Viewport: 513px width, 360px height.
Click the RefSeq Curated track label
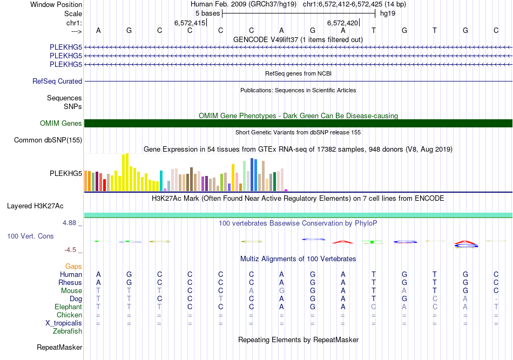click(x=57, y=81)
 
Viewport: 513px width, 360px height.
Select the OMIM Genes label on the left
click(x=60, y=124)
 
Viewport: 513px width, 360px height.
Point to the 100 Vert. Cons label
click(x=30, y=236)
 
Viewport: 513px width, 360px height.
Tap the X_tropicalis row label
click(x=64, y=323)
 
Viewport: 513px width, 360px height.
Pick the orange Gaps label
click(x=73, y=266)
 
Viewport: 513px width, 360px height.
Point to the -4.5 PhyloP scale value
click(x=72, y=250)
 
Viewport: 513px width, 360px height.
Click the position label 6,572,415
click(x=190, y=23)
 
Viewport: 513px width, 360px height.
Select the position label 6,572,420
click(x=342, y=23)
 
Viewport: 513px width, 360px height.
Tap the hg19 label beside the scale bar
click(x=388, y=13)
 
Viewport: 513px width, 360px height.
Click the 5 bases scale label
click(x=207, y=13)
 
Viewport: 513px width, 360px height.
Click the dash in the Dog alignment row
click(x=496, y=299)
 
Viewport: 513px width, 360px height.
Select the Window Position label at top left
click(x=56, y=4)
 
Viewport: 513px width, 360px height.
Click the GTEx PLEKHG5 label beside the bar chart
click(x=65, y=173)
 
